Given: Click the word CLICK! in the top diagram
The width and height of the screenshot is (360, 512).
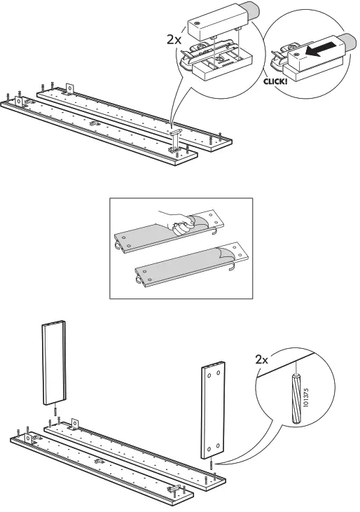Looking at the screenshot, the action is pyautogui.click(x=275, y=81).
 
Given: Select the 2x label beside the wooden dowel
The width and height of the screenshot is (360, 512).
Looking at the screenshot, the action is pyautogui.click(x=261, y=360).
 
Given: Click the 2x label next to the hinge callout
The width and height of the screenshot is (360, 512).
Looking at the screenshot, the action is pyautogui.click(x=174, y=39).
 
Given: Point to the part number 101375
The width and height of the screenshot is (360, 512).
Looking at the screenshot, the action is pyautogui.click(x=306, y=397).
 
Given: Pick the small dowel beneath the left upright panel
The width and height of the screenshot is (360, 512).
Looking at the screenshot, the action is pyautogui.click(x=56, y=410).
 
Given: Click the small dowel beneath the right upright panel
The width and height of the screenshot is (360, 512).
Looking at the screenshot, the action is pyautogui.click(x=212, y=464).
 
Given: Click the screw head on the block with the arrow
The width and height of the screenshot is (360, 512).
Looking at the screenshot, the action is pyautogui.click(x=296, y=53).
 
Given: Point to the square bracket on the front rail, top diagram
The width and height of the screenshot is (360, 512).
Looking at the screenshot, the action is pyautogui.click(x=19, y=102).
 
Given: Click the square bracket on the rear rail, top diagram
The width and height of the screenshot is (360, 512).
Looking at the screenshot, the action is pyautogui.click(x=69, y=88).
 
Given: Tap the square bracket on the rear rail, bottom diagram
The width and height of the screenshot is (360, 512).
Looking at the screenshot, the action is pyautogui.click(x=75, y=423).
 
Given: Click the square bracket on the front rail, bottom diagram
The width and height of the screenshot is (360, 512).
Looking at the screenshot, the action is pyautogui.click(x=28, y=438).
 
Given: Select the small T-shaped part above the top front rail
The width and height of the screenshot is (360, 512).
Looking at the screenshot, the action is pyautogui.click(x=175, y=131).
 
